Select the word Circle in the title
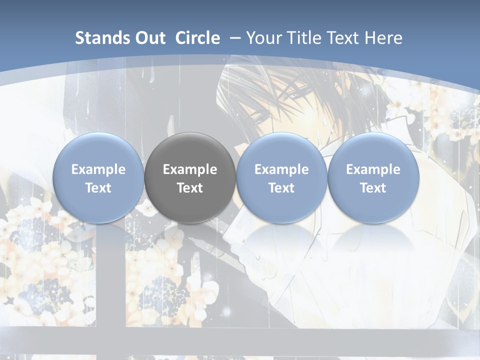click(197, 38)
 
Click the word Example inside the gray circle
click(190, 169)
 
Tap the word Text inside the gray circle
click(190, 188)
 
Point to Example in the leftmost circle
click(98, 169)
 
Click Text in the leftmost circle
click(98, 188)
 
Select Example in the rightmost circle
click(373, 169)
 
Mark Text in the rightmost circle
click(373, 188)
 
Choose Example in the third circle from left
click(281, 169)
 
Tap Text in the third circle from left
click(281, 188)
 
